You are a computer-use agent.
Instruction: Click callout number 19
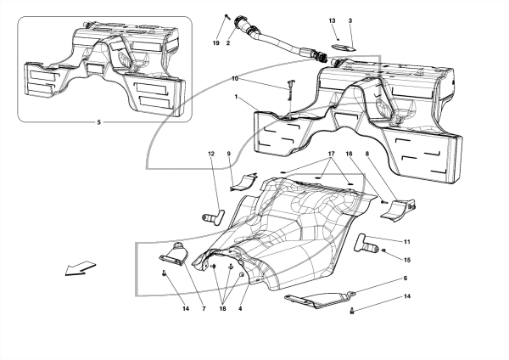[x=216, y=43]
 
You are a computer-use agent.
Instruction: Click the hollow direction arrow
[x=81, y=268]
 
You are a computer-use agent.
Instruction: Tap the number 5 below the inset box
[x=98, y=122]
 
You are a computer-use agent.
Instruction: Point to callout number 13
[x=332, y=20]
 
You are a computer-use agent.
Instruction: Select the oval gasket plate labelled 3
[x=343, y=48]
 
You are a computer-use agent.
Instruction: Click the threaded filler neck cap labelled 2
[x=242, y=22]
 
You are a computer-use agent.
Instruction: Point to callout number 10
[x=235, y=79]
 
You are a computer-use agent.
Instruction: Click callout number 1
[x=237, y=97]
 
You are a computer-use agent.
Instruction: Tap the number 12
[x=211, y=154]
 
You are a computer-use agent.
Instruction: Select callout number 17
[x=332, y=154]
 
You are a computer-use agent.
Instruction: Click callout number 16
[x=349, y=154]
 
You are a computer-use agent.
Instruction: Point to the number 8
[x=367, y=154]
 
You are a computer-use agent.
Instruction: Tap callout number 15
[x=407, y=260]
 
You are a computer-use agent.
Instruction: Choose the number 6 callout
[x=406, y=278]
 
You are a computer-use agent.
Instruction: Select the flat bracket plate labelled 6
[x=320, y=299]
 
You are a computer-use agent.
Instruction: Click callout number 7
[x=204, y=309]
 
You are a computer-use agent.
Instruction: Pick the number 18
[x=222, y=309]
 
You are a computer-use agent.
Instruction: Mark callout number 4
[x=240, y=309]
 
